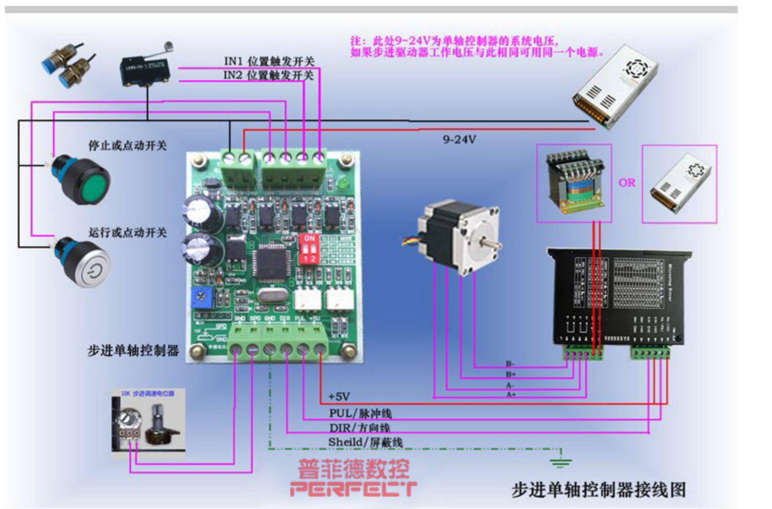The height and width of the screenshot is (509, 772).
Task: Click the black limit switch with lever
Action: (x=145, y=71)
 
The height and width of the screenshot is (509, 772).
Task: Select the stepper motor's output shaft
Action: (x=492, y=244)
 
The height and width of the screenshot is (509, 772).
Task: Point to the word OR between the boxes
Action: (x=627, y=183)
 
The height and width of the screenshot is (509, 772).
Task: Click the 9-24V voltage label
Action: (x=459, y=139)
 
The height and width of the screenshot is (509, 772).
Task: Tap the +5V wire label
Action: (x=339, y=397)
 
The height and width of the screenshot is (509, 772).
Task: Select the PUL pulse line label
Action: (x=360, y=413)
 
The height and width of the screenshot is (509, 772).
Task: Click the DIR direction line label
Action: (x=359, y=428)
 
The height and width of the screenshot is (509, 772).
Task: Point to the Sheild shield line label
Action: (x=365, y=442)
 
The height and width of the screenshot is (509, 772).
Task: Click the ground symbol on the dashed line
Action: (x=560, y=460)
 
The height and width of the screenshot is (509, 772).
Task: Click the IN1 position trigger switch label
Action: (x=269, y=61)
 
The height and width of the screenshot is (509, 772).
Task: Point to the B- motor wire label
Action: (x=510, y=364)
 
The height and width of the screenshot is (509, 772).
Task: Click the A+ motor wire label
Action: (x=511, y=394)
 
